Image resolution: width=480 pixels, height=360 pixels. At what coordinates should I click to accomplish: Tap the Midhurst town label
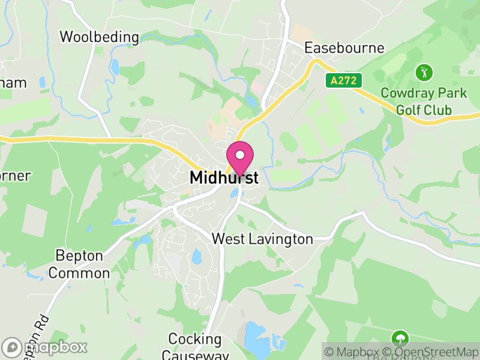pos(224,178)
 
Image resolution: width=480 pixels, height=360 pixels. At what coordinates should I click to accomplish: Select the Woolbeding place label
pos(99,37)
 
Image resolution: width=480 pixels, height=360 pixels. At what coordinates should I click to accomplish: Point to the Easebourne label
pos(344,47)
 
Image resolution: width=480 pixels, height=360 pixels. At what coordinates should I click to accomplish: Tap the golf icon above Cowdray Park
pos(424,73)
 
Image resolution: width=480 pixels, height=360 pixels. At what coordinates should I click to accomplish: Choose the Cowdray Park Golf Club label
pos(424,102)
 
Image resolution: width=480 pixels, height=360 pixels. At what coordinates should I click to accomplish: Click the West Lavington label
pos(262,239)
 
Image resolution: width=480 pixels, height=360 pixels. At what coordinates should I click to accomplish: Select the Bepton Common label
pos(79,265)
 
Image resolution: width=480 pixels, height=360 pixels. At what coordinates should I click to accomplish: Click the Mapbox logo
pos(45,347)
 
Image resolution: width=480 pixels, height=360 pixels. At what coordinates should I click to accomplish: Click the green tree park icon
pos(399,338)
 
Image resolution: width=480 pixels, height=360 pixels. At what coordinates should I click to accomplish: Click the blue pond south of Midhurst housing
pos(197,257)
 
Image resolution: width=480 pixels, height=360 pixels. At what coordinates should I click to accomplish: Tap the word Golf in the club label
pos(408,110)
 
